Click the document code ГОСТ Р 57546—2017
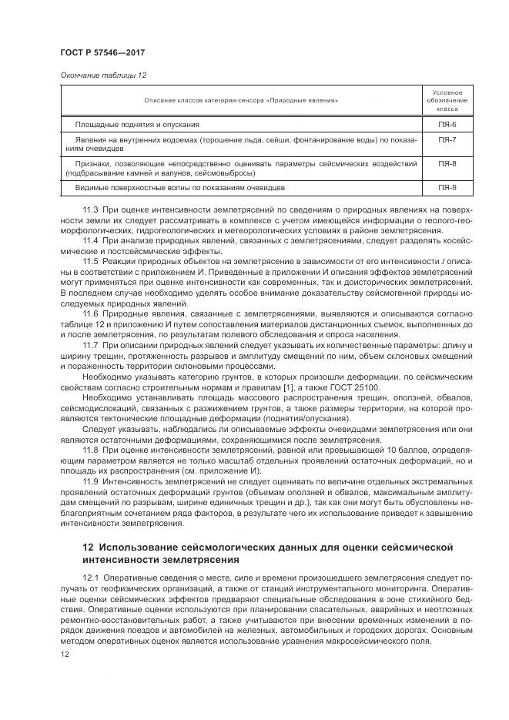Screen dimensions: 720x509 [x=102, y=52]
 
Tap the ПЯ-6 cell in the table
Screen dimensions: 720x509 [x=447, y=124]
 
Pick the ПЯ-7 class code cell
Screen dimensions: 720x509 [x=447, y=139]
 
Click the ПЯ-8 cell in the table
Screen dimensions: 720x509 [x=447, y=164]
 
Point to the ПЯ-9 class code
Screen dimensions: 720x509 [x=447, y=188]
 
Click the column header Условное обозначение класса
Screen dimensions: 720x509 [x=447, y=100]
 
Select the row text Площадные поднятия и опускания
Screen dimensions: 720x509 [x=137, y=124]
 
